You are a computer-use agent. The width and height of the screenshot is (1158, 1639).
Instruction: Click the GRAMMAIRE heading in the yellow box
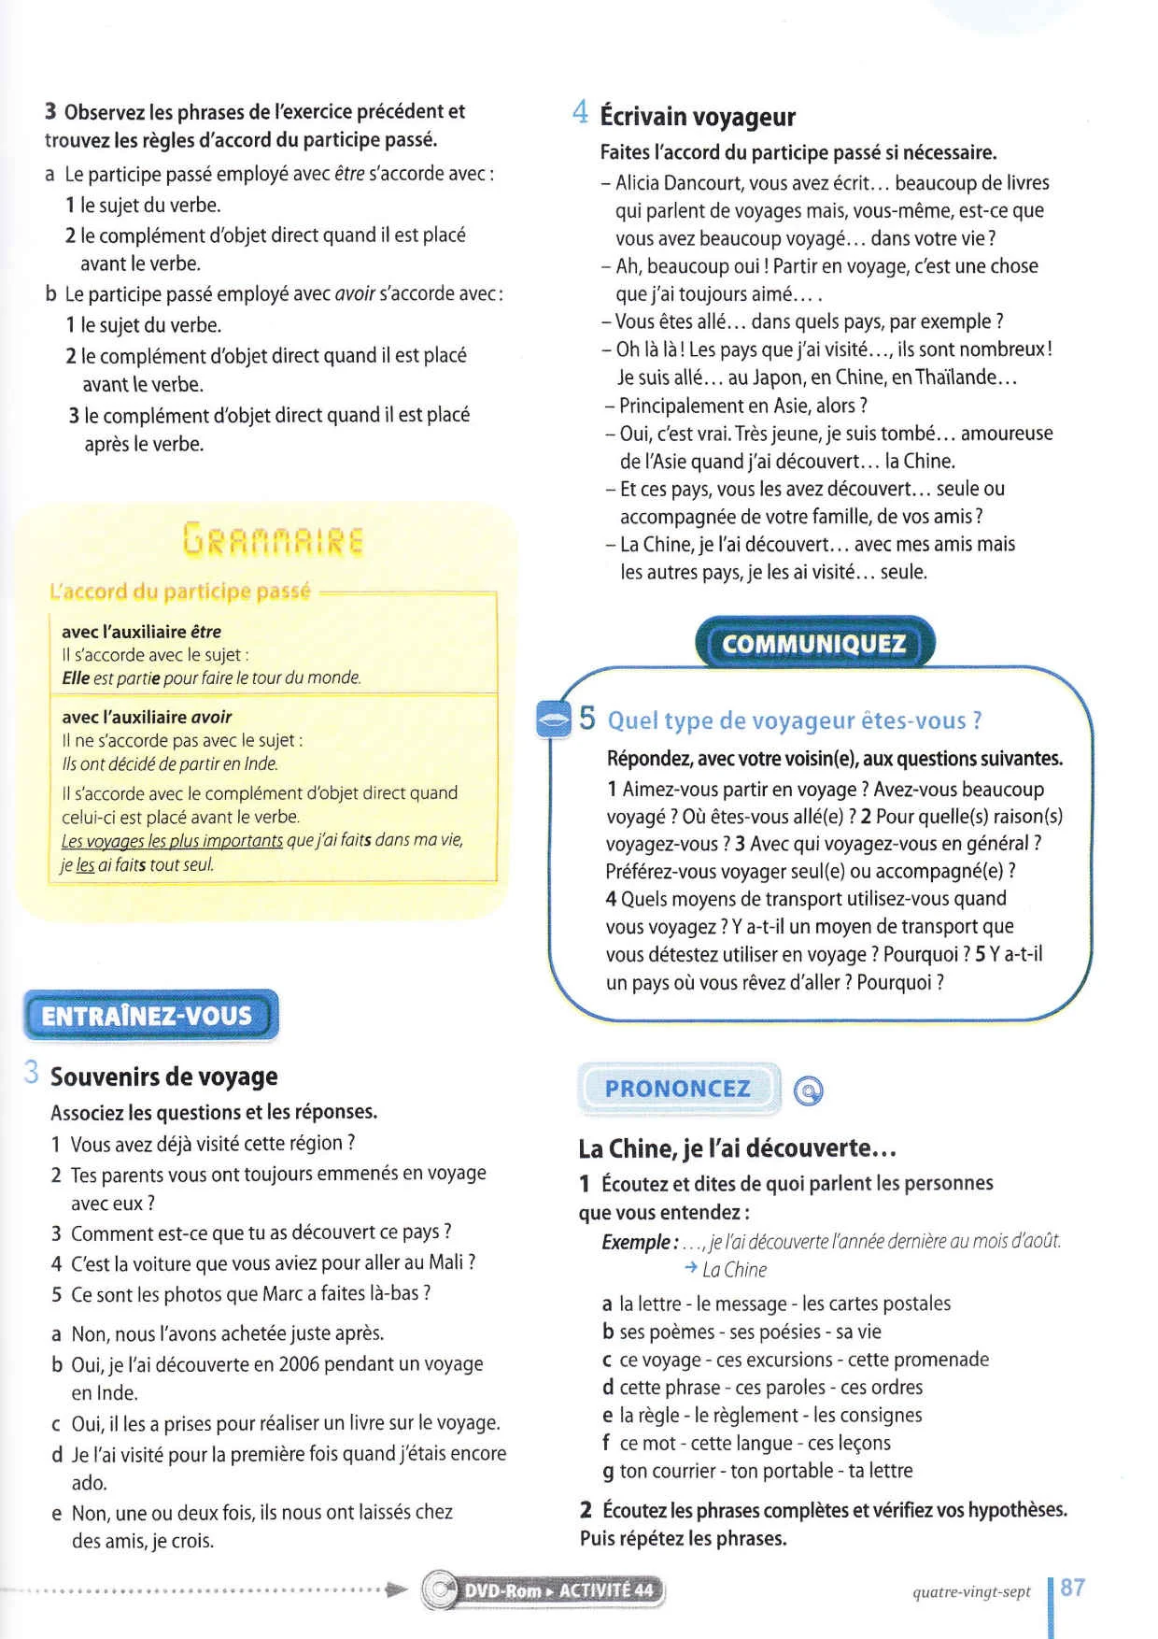(x=273, y=539)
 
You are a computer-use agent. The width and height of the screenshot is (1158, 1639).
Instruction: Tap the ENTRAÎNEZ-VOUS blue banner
(x=149, y=1016)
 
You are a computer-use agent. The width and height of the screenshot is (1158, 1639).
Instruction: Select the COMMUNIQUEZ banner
(x=813, y=643)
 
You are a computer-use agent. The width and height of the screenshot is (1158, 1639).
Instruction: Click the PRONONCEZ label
(x=678, y=1089)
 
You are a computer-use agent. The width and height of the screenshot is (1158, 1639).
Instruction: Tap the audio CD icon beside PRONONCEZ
(x=808, y=1090)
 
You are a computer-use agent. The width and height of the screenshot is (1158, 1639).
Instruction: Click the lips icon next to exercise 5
(x=554, y=720)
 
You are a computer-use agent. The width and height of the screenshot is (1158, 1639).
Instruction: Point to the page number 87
(x=1073, y=1588)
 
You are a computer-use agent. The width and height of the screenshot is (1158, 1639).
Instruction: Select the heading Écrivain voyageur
(x=698, y=117)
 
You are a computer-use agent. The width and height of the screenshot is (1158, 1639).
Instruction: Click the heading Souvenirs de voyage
(x=163, y=1076)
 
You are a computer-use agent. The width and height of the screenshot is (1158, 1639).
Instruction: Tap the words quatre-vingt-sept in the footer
(x=971, y=1591)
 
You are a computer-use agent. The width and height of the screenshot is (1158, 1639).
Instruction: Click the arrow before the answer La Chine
(x=690, y=1268)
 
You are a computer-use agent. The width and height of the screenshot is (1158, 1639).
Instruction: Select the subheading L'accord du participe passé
(x=179, y=591)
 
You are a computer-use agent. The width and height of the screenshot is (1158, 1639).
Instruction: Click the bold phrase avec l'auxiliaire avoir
(x=147, y=717)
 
